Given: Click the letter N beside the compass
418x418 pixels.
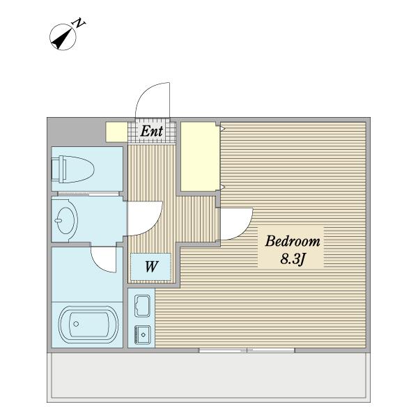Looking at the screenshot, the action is tap(79, 23).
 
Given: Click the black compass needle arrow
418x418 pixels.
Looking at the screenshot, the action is tap(63, 39).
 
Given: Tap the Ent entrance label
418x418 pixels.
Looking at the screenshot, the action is tap(151, 131).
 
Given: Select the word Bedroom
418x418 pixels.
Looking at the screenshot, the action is tap(293, 241).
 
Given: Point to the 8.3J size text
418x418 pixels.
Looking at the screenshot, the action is tap(293, 259).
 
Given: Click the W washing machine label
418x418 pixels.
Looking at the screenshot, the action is tap(151, 266).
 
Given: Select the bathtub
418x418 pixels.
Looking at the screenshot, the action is tap(88, 324).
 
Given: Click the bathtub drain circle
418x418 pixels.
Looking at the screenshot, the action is tap(76, 324).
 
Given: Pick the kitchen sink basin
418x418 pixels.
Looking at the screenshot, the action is tap(143, 306).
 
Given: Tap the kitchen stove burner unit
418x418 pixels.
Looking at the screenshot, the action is tap(143, 334).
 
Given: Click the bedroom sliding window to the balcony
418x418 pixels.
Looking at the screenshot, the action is tap(247, 350).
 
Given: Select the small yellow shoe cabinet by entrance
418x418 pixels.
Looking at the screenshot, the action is tap(116, 132).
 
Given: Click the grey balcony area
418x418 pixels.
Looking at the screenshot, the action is tap(209, 377).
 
